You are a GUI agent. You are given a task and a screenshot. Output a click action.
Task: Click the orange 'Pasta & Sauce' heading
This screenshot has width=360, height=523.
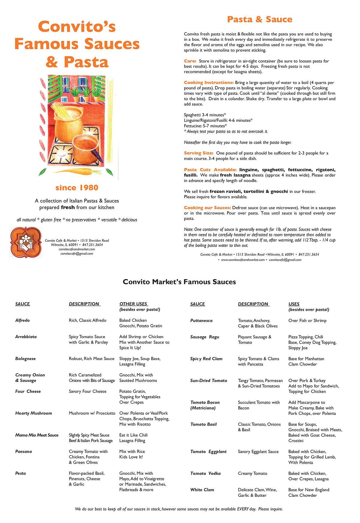coord(259,20)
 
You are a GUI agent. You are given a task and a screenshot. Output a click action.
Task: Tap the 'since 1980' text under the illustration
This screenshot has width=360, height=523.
coord(77,188)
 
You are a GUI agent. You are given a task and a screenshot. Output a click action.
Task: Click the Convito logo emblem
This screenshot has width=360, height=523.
coord(25,242)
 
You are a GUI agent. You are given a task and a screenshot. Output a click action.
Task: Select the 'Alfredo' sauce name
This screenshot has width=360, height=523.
coord(22,320)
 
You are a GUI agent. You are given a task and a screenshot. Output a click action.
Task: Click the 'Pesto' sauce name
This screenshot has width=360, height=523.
coord(21,473)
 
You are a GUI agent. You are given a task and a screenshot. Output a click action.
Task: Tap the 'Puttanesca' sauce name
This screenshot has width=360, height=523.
coord(201,320)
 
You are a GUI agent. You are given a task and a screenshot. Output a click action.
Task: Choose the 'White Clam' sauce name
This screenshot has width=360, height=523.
coord(202,490)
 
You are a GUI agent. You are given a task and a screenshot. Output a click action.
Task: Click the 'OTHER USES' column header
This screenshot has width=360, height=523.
coord(133,304)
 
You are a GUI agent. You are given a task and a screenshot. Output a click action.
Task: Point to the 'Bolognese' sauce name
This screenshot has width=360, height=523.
coord(25,359)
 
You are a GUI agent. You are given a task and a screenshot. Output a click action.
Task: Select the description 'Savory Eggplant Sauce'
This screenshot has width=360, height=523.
coord(258,452)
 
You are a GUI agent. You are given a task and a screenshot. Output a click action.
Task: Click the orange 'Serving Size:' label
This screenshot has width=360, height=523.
coord(199,153)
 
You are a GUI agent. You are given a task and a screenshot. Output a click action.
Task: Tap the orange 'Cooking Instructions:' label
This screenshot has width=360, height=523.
coord(209,83)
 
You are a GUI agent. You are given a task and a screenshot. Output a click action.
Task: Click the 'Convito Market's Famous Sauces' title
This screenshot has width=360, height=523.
coord(179,282)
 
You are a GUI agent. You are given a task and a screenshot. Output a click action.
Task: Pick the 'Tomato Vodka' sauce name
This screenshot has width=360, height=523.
coord(205,473)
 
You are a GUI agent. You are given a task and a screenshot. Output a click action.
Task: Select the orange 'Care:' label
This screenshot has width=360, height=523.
coord(190,61)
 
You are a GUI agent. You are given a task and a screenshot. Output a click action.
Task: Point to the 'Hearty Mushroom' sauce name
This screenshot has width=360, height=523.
coord(34,413)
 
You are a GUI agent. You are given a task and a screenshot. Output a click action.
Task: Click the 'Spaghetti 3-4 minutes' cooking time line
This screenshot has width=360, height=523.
coord(205,115)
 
